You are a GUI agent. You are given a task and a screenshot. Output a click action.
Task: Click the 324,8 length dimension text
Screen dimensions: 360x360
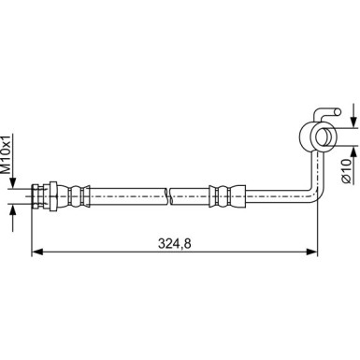click(174, 243)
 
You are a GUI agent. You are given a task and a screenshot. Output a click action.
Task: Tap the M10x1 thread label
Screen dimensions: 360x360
click(7, 154)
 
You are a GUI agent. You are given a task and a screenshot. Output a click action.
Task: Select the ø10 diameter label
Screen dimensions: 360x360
click(346, 170)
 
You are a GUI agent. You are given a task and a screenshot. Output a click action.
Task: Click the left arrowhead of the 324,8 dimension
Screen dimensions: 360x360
click(37, 252)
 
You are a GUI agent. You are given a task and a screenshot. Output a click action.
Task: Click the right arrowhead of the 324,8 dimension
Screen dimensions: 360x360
click(311, 252)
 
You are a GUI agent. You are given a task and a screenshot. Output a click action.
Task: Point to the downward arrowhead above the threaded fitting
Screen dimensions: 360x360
click(13, 182)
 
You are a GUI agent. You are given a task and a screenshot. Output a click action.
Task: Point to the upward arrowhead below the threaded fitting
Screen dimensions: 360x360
click(13, 209)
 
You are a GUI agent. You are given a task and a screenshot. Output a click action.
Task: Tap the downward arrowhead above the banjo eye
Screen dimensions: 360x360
click(353, 122)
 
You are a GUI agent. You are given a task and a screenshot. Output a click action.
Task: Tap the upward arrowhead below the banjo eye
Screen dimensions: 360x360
click(353, 151)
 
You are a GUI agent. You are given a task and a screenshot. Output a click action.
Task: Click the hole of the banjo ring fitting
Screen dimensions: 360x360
click(323, 137)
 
